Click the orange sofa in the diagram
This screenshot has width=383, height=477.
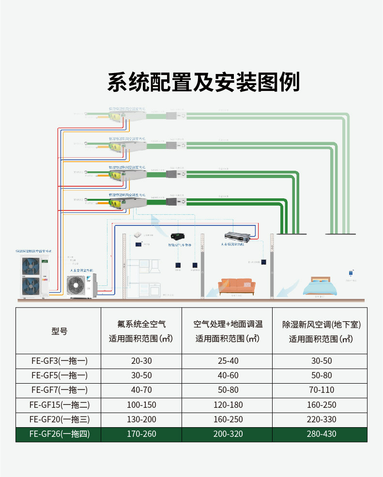pyautogui.click(x=237, y=286)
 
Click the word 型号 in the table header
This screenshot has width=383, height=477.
pyautogui.click(x=59, y=331)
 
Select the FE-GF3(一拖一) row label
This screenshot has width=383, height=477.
pyautogui.click(x=59, y=361)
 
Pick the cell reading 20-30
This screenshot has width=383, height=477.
pyautogui.click(x=141, y=361)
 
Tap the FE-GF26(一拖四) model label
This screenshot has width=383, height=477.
pyautogui.click(x=59, y=434)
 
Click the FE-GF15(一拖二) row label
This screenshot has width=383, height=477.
pyautogui.click(x=59, y=404)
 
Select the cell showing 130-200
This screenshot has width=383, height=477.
pyautogui.click(x=141, y=419)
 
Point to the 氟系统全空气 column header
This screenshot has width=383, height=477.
pyautogui.click(x=141, y=324)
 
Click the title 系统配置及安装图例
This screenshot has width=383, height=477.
pyautogui.click(x=203, y=82)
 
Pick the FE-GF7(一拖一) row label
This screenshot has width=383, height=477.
pyautogui.click(x=59, y=390)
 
